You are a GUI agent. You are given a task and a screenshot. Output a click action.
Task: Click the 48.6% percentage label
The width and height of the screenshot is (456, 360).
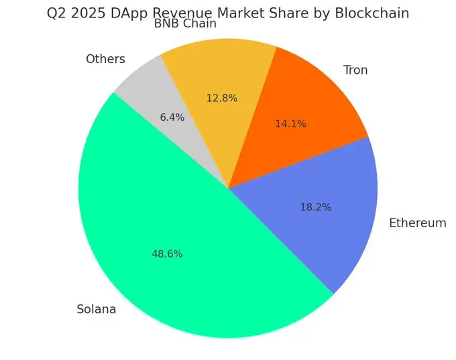coord(168,254)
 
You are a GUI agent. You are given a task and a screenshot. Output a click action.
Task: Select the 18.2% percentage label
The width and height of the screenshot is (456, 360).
coord(316,207)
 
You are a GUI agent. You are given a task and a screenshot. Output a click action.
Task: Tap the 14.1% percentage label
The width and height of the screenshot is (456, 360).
coord(290,123)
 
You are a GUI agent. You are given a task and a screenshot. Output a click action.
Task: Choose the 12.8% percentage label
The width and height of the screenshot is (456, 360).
coord(222,98)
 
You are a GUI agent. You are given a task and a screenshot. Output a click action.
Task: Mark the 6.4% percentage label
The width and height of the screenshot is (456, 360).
coord(172,117)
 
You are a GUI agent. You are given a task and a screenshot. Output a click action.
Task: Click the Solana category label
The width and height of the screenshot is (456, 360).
coord(97,310)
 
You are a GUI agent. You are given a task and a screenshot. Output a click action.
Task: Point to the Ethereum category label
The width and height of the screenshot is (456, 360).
coord(417,223)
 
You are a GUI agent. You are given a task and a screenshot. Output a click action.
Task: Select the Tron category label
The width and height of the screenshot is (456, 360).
coord(355,70)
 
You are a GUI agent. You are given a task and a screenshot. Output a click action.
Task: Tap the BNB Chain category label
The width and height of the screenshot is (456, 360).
coord(185,25)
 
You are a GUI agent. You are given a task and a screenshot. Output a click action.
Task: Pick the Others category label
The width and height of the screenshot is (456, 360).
coord(105,59)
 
